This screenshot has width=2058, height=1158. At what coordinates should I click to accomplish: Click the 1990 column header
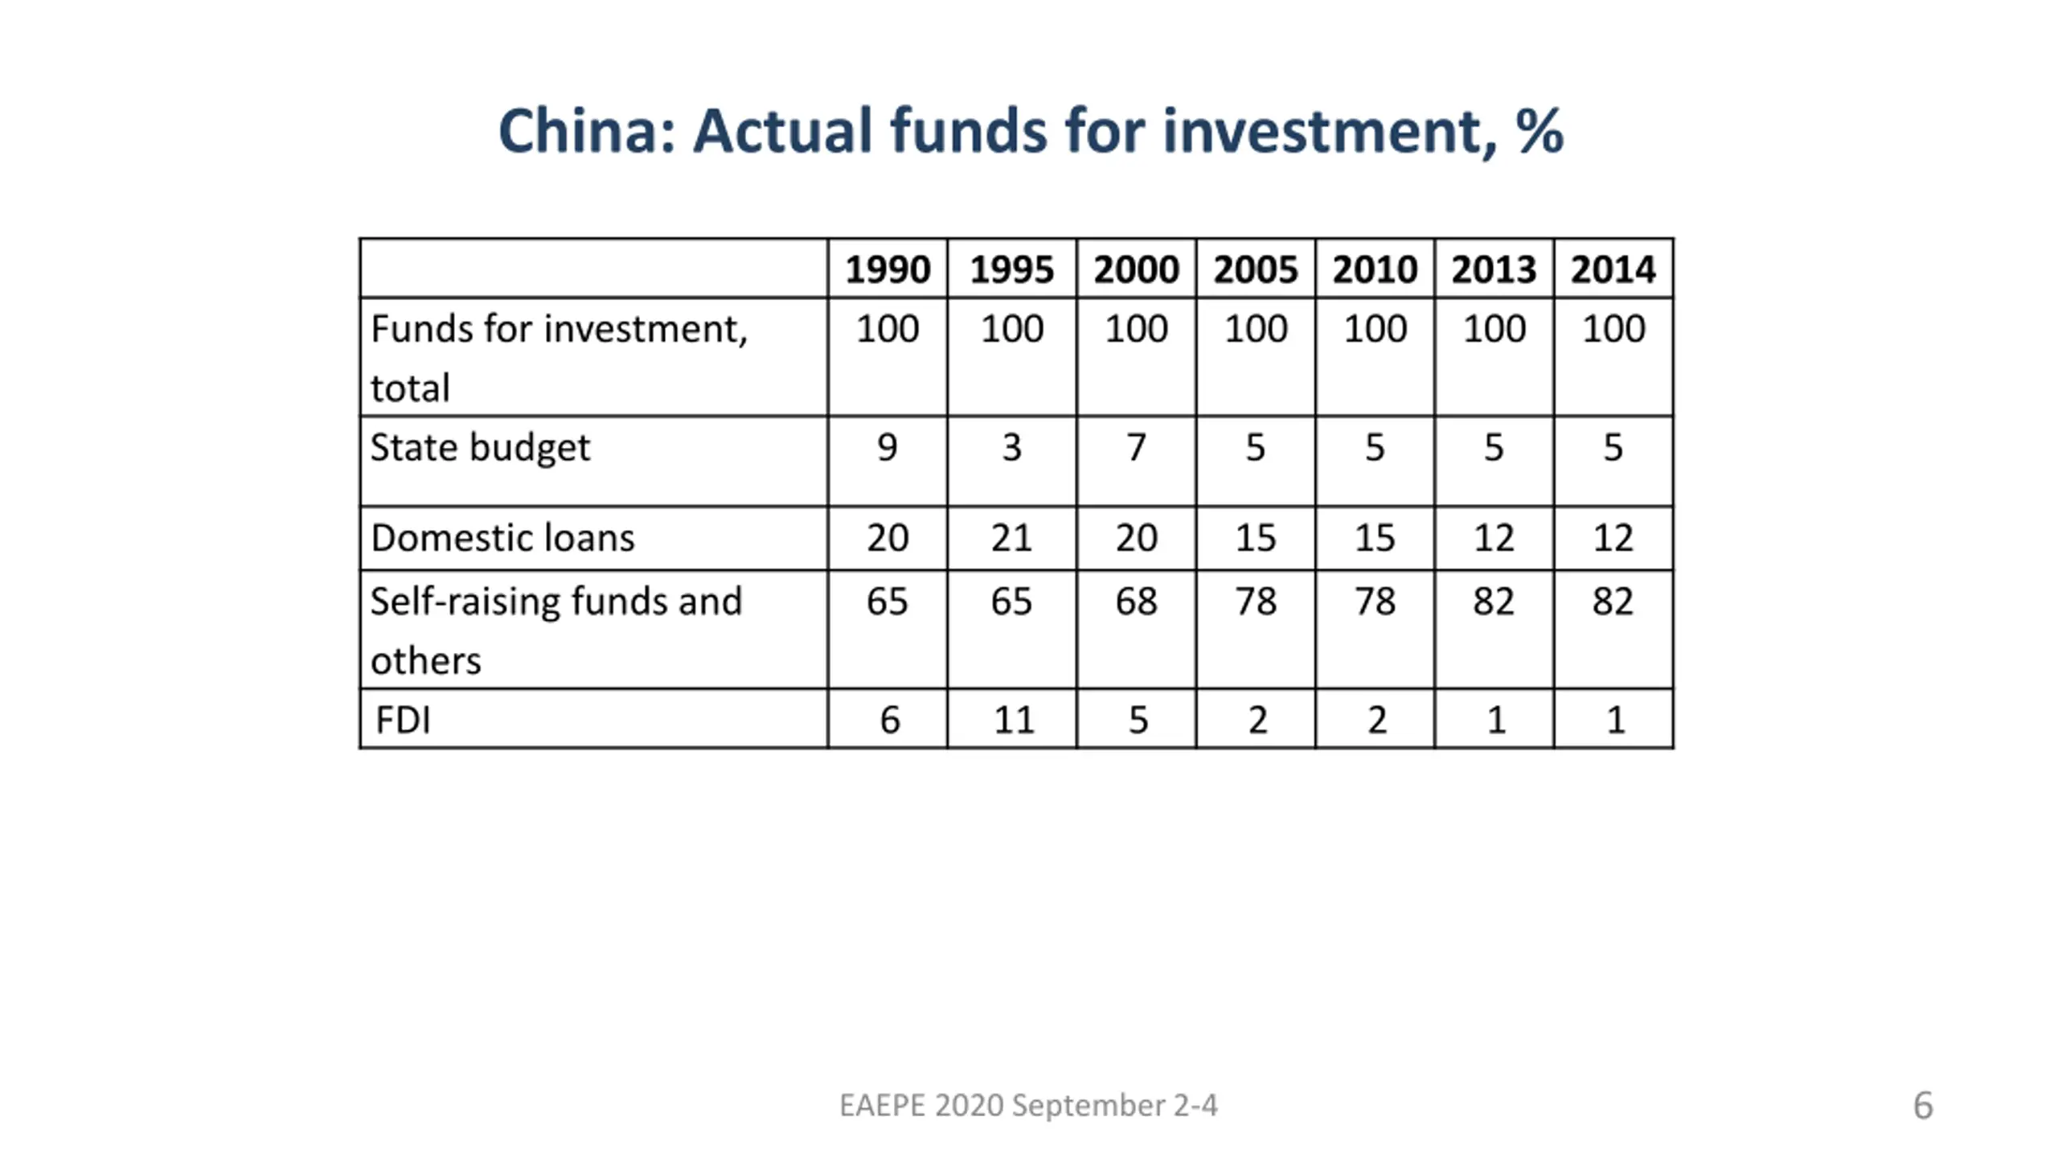click(x=888, y=269)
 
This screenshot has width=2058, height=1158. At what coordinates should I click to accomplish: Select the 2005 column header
click(x=1255, y=269)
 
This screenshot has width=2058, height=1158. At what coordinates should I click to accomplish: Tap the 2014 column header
click(x=1613, y=269)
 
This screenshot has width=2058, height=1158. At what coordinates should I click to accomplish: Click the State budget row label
click(x=480, y=447)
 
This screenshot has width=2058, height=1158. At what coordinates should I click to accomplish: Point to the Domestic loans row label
click(x=502, y=538)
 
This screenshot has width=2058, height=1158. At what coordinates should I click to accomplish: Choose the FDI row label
click(x=403, y=720)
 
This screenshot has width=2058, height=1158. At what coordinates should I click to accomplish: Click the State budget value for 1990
click(x=887, y=447)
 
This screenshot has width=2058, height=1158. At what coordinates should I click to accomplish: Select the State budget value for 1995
click(x=1011, y=447)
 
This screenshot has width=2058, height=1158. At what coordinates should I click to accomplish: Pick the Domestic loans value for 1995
click(x=1011, y=538)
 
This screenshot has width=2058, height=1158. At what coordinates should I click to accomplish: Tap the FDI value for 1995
click(x=1013, y=720)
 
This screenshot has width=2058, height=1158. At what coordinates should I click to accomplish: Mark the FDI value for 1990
click(x=889, y=720)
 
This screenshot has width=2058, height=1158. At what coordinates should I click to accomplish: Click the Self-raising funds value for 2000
click(x=1136, y=602)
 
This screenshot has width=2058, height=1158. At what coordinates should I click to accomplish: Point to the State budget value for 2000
click(x=1136, y=447)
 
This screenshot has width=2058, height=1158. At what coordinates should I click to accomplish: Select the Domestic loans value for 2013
click(x=1494, y=538)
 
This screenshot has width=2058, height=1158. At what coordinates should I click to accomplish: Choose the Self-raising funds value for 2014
click(x=1613, y=602)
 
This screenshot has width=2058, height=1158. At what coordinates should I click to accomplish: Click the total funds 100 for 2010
click(x=1375, y=329)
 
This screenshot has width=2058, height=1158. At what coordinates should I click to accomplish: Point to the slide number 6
click(x=1923, y=1106)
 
